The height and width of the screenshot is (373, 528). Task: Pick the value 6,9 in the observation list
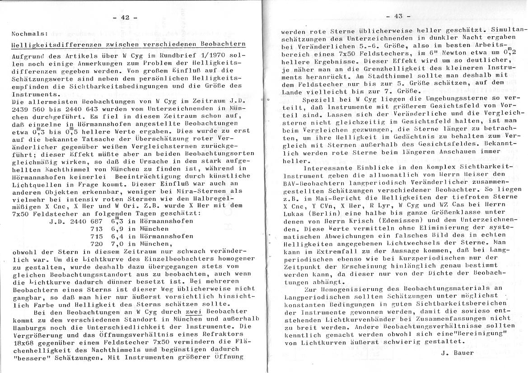click(117, 229)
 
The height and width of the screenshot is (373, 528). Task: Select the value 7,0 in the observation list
click(117, 243)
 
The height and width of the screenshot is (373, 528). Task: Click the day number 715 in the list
click(97, 236)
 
